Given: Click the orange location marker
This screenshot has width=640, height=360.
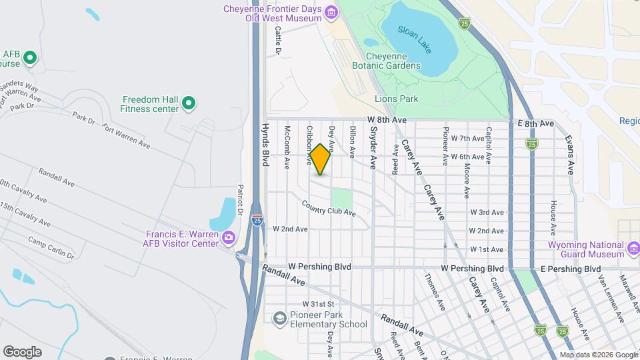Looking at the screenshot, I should pyautogui.click(x=321, y=159).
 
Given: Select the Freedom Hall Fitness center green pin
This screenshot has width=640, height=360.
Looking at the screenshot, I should pyautogui.click(x=189, y=103).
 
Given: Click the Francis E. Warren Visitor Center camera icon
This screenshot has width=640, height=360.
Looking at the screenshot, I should pyautogui.click(x=229, y=237).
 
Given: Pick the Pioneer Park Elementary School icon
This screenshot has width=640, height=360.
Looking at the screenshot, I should pyautogui.click(x=281, y=320).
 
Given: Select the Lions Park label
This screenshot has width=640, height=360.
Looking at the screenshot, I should pyautogui.click(x=396, y=99).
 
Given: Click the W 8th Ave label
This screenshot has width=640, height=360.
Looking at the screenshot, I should pyautogui.click(x=387, y=119).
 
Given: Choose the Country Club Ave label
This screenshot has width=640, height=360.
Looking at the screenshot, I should pyautogui.click(x=328, y=208).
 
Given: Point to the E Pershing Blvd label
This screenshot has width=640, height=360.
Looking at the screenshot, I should pyautogui.click(x=571, y=269).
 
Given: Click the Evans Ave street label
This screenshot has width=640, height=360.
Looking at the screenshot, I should pyautogui.click(x=569, y=155).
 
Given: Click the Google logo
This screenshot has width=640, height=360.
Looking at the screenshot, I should pyautogui.click(x=21, y=351).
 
